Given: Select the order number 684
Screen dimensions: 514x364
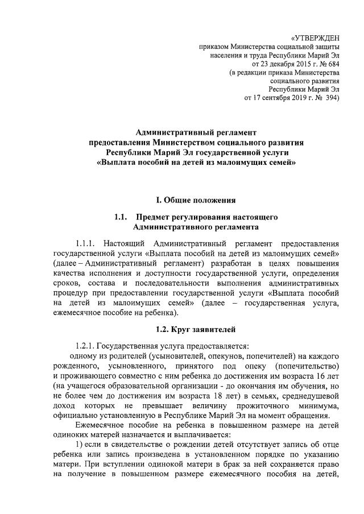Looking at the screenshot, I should click(333, 65).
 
